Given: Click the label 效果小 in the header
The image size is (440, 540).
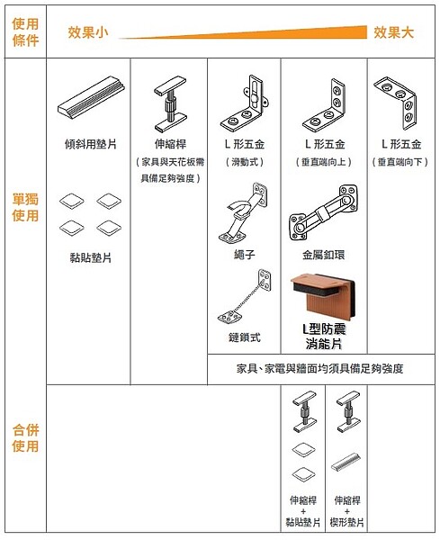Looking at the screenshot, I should pos(88,32).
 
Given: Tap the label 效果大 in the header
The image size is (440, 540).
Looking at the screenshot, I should pos(394,32).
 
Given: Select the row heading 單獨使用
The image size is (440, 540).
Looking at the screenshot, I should pos(25,207).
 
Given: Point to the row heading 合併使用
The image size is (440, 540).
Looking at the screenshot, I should pos(25,438).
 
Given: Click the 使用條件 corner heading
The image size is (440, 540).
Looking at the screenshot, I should pos(25,32).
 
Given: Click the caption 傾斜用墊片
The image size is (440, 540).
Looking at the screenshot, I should pos(91,143).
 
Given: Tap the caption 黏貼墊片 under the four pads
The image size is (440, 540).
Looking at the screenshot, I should pos(91,257).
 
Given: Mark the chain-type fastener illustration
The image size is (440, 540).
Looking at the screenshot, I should pos(240,300).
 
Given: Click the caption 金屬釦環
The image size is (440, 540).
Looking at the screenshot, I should pos(325,255).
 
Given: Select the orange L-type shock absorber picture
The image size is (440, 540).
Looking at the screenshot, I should pos(324,293).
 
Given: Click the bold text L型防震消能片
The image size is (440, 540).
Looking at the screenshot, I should pos(324,336).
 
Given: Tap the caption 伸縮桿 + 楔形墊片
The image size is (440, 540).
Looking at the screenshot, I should pos(348,510).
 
